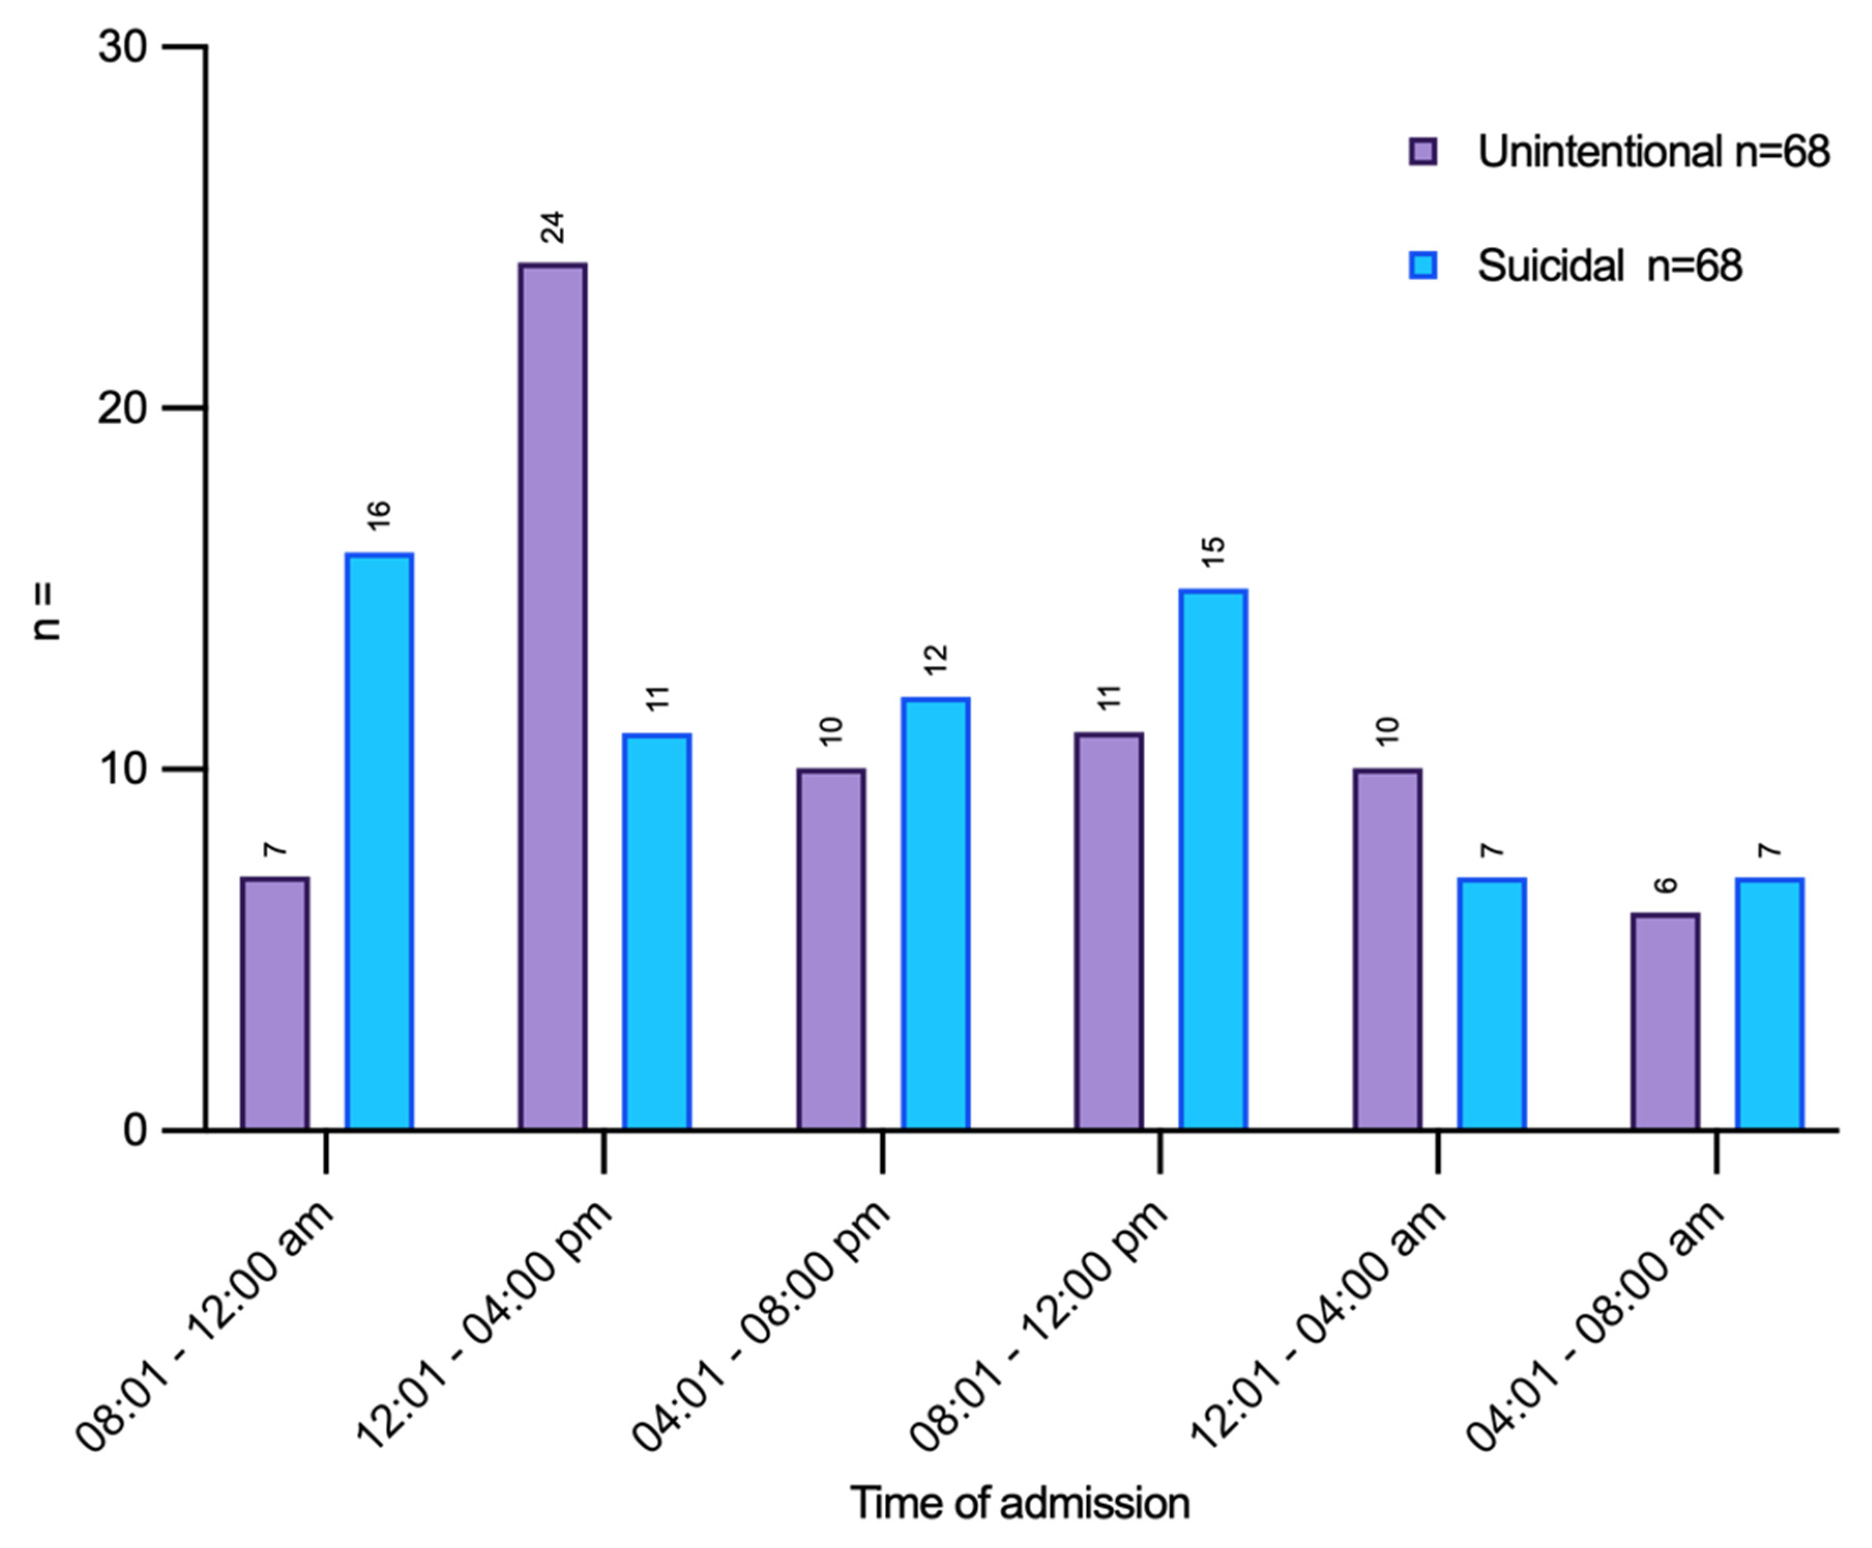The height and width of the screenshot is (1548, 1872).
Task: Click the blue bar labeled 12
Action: (935, 914)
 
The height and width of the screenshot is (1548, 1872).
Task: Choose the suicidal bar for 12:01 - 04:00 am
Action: (1492, 1004)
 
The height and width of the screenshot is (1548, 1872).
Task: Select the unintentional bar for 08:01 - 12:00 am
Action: (274, 1004)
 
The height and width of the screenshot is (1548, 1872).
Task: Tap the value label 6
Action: (1665, 885)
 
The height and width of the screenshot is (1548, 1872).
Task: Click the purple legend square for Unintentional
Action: (1423, 152)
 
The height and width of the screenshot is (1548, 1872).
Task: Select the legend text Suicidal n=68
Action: (1609, 266)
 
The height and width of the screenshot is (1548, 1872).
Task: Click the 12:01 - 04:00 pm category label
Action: (486, 1328)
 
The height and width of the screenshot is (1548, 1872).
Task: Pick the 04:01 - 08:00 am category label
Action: (1596, 1328)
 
